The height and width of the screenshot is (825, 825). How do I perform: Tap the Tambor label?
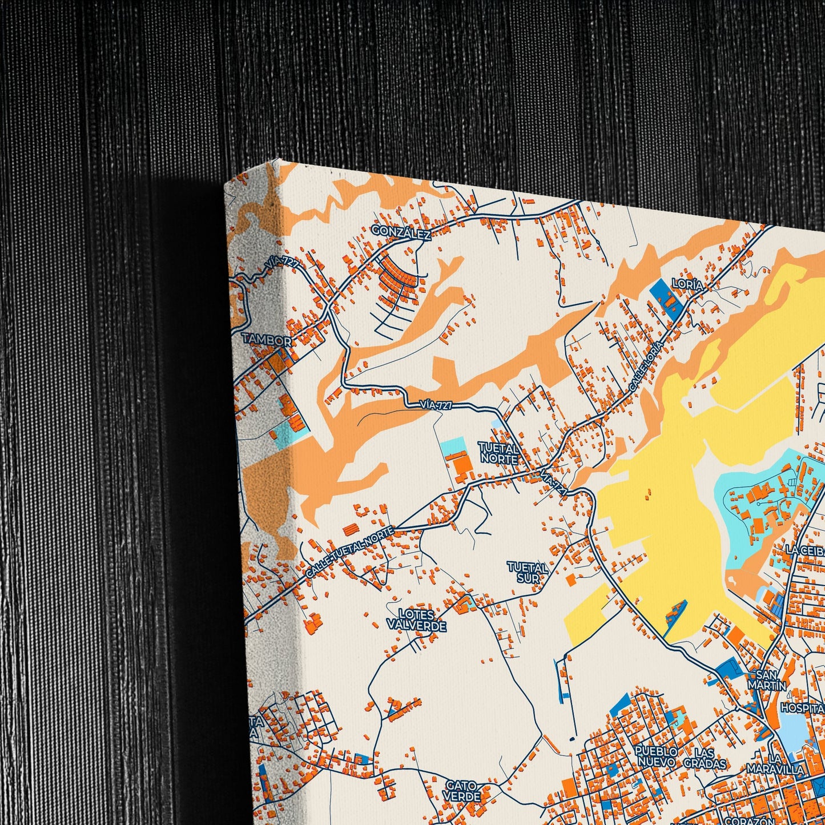tap(267, 340)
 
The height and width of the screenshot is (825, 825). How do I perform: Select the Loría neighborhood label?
tap(687, 284)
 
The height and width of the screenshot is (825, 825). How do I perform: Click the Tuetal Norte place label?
tap(499, 453)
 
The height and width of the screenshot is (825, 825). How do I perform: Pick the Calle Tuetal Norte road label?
tap(349, 552)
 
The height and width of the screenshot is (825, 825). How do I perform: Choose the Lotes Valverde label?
tap(416, 620)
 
